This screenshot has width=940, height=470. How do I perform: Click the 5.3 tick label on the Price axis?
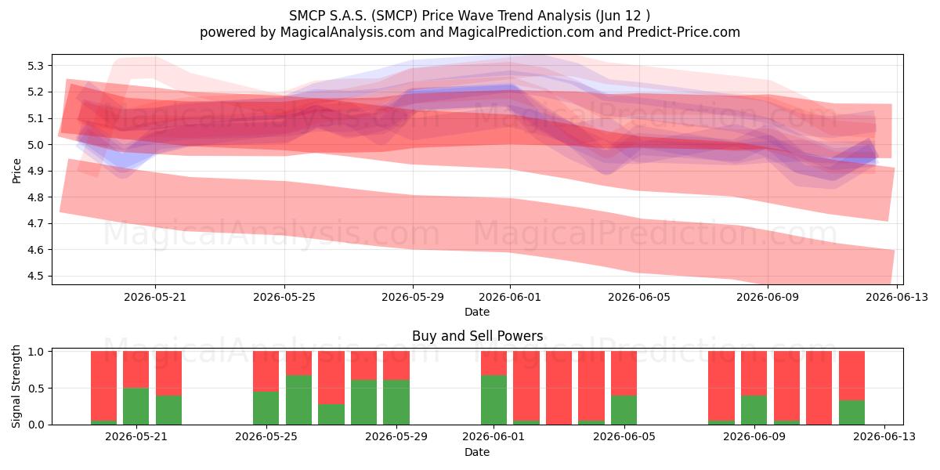click(35, 66)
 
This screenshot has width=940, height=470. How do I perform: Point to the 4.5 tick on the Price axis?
click(35, 276)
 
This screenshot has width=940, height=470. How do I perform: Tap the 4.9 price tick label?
click(35, 172)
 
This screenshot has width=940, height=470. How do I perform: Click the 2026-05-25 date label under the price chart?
click(284, 297)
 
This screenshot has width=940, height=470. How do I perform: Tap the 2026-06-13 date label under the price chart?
click(897, 297)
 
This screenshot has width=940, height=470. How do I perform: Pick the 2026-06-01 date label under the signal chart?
click(493, 437)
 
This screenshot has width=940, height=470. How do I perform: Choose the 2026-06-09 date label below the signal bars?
click(754, 437)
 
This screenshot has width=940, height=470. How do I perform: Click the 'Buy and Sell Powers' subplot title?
click(478, 336)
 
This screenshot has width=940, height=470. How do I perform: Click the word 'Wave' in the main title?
click(477, 16)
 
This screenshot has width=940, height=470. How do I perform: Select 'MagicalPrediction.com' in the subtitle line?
click(521, 32)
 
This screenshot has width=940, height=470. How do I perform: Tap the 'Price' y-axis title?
click(16, 171)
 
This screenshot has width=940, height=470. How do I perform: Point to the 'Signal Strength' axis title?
click(16, 386)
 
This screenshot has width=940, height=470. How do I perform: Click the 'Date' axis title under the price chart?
click(477, 312)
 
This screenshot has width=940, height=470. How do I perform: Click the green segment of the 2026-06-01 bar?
click(493, 400)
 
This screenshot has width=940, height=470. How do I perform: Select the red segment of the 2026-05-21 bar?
click(136, 370)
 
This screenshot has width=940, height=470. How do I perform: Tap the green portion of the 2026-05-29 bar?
click(396, 403)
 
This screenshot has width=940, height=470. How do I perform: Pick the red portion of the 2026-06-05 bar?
click(624, 374)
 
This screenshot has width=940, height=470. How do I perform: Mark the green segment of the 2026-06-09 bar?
click(754, 410)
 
